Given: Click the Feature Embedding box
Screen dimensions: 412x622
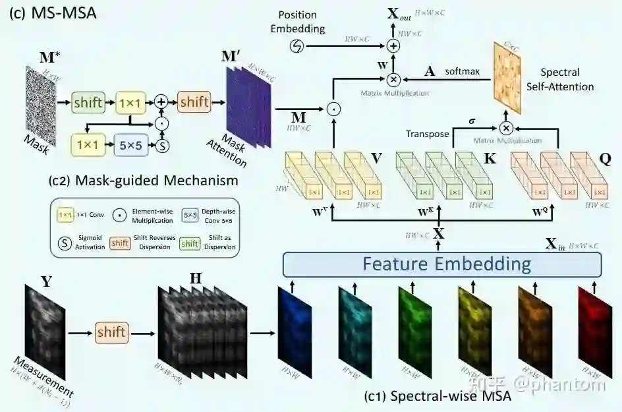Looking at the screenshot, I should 442,264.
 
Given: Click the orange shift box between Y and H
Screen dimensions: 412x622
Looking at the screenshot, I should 111,332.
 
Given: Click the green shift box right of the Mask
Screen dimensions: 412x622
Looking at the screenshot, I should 88,102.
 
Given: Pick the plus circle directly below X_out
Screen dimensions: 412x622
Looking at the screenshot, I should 393,45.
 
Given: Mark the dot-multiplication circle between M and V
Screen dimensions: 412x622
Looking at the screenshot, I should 333,107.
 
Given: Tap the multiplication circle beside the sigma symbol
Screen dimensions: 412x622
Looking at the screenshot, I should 506,128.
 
